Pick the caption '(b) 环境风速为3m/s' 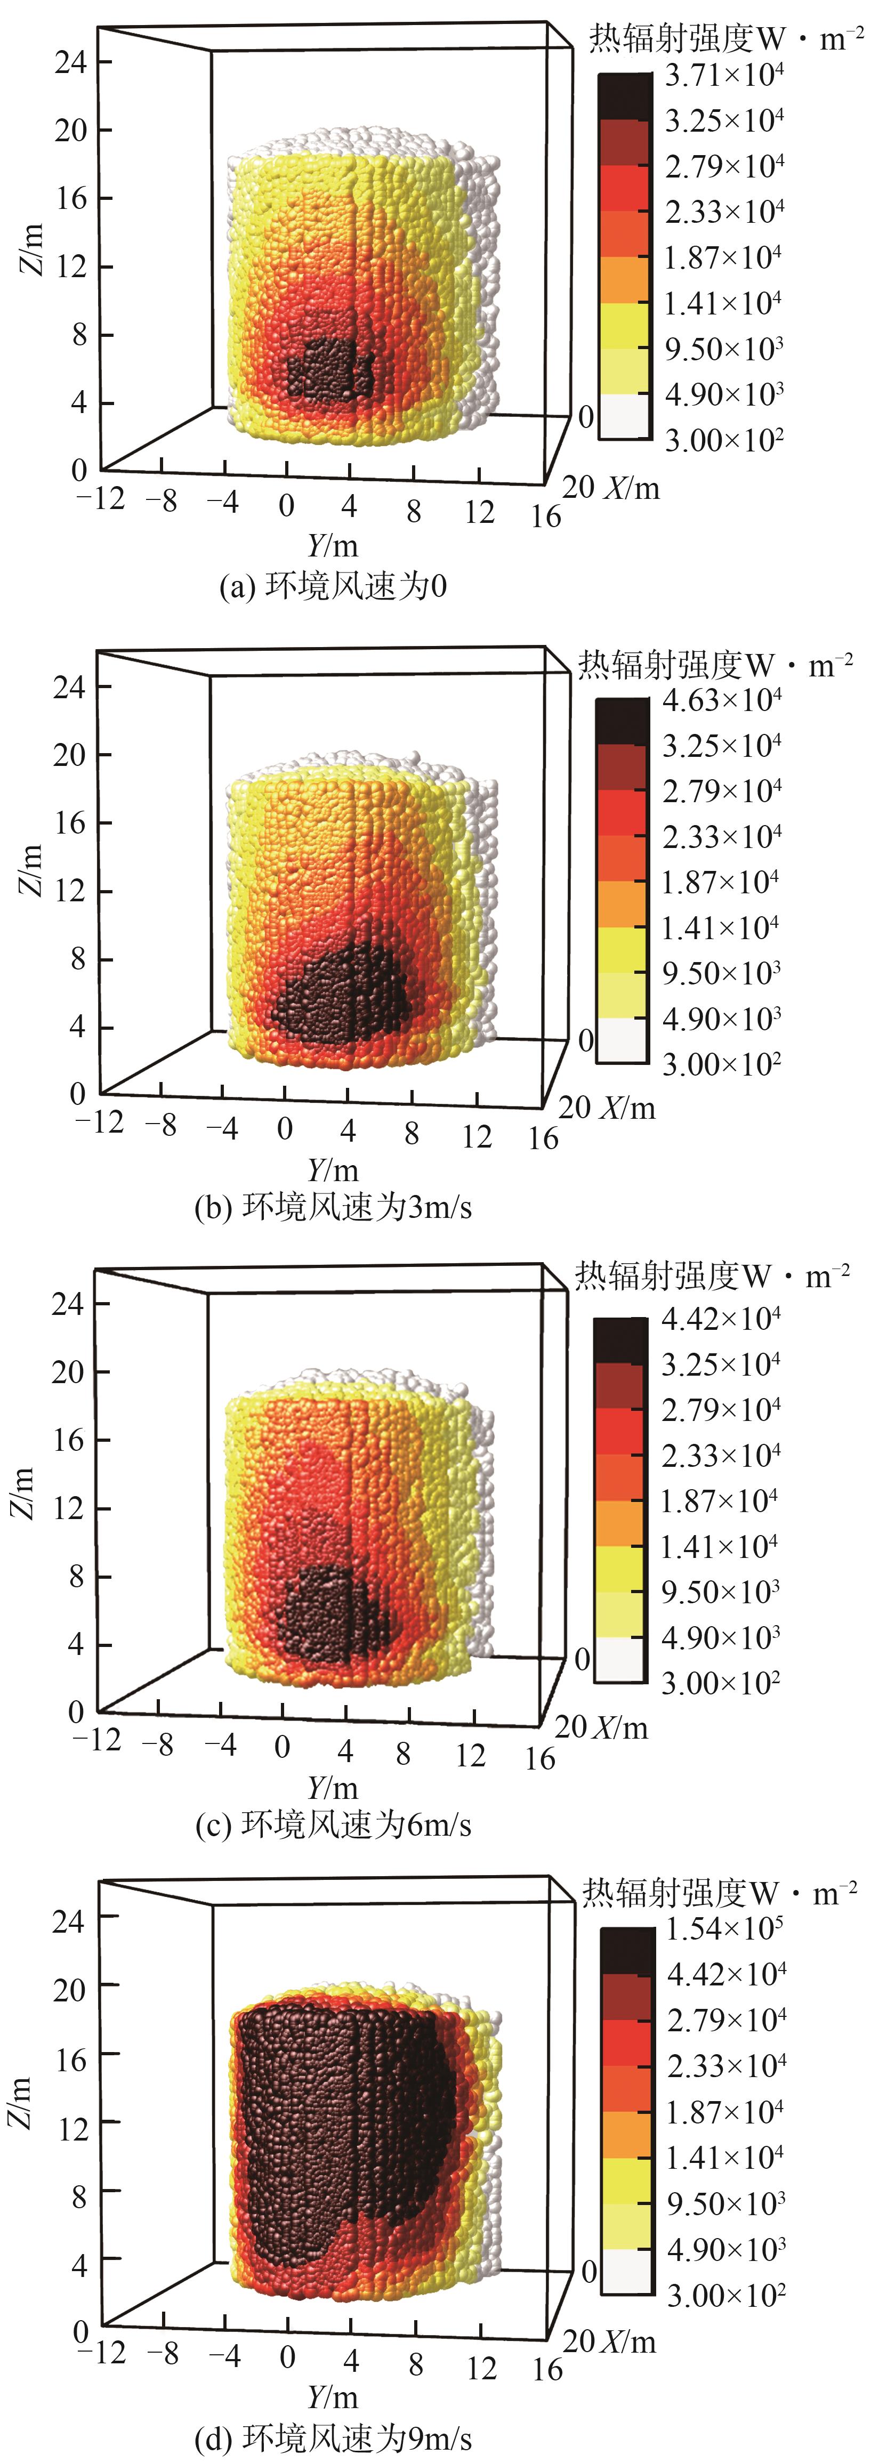(x=333, y=1207)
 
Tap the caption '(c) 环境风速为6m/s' (x=333, y=1824)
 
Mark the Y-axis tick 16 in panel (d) (x=547, y=2368)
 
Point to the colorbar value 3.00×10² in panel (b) (x=722, y=1064)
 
